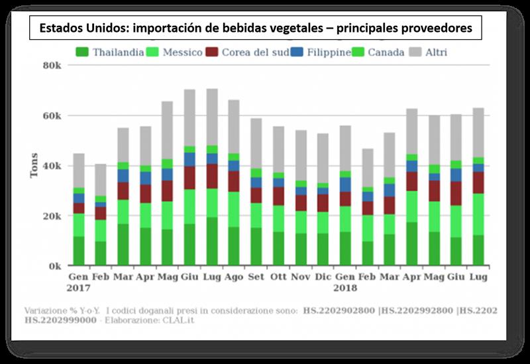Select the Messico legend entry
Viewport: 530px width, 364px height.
pos(174,52)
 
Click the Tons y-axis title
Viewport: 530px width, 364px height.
pos(34,166)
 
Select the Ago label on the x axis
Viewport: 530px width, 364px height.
pos(234,276)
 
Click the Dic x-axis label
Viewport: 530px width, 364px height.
pos(323,276)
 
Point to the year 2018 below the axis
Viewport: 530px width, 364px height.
pos(344,288)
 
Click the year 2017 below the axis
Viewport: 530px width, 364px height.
pos(79,288)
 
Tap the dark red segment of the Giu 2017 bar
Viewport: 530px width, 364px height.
pos(189,178)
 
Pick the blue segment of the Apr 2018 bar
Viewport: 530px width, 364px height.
pos(412,166)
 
